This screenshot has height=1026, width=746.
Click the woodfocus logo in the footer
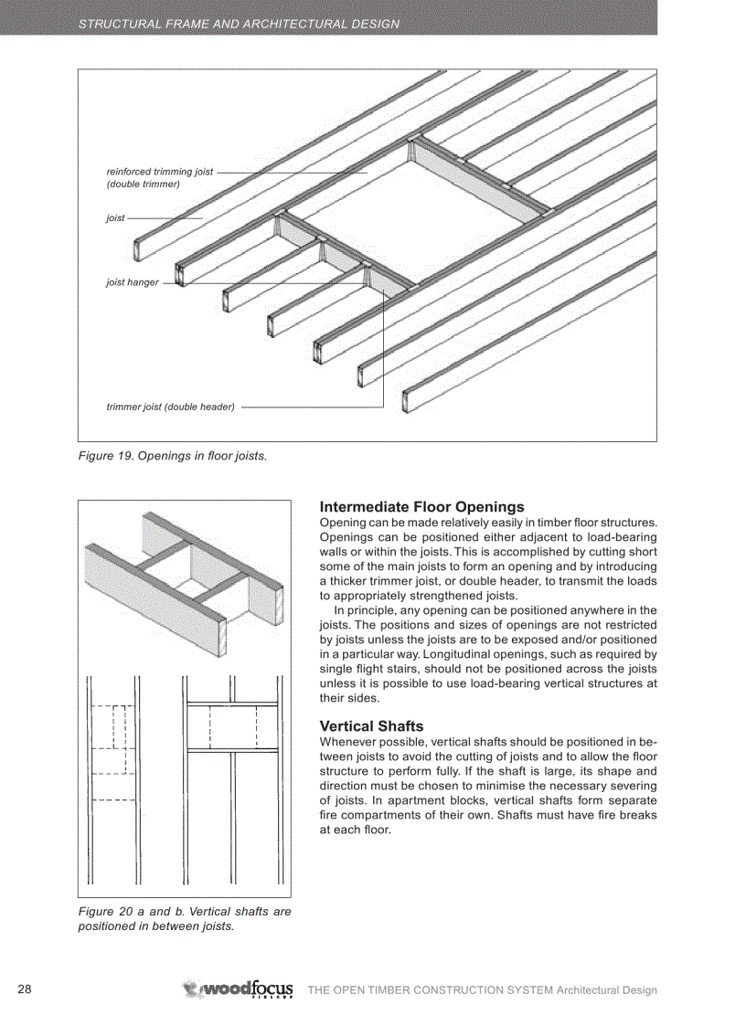pos(239,989)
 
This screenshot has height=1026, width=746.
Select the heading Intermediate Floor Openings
pos(421,507)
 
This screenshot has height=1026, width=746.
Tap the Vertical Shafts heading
pos(371,726)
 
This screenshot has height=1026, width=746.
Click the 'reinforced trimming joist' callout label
pos(160,172)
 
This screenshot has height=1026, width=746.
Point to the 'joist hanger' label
pos(133,282)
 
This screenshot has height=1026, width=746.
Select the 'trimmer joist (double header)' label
pos(171,407)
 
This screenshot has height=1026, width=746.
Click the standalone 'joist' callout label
pos(115,218)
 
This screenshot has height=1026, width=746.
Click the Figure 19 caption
pos(173,455)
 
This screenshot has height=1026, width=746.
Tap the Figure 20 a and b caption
pos(184,918)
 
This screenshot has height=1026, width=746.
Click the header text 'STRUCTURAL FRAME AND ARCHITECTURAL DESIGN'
pos(239,24)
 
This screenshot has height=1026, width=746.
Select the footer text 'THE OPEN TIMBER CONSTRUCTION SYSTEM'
pos(430,990)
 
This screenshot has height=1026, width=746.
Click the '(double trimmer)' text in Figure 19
pos(144,184)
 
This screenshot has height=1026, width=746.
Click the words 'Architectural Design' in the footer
pos(607,990)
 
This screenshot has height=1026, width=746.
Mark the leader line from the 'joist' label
pos(165,218)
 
